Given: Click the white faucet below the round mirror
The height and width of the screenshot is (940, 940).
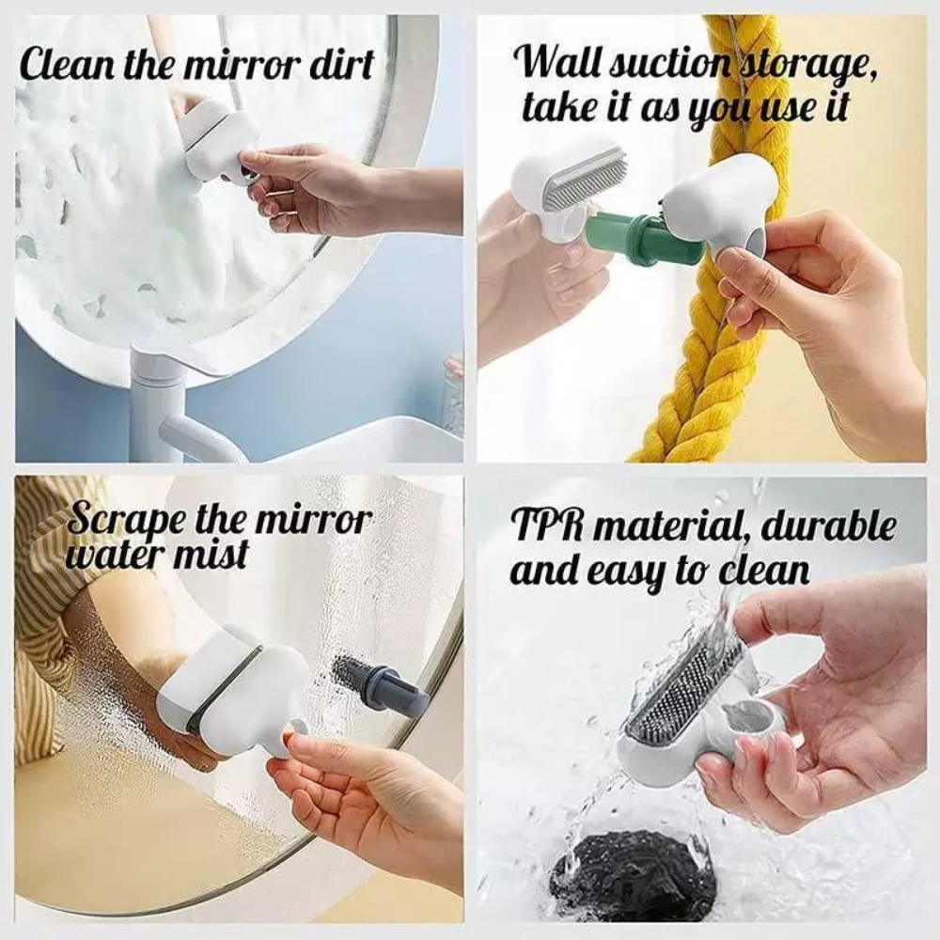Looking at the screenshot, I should pos(169,414).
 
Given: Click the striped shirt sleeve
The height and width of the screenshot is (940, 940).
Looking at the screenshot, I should pos(47,602).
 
